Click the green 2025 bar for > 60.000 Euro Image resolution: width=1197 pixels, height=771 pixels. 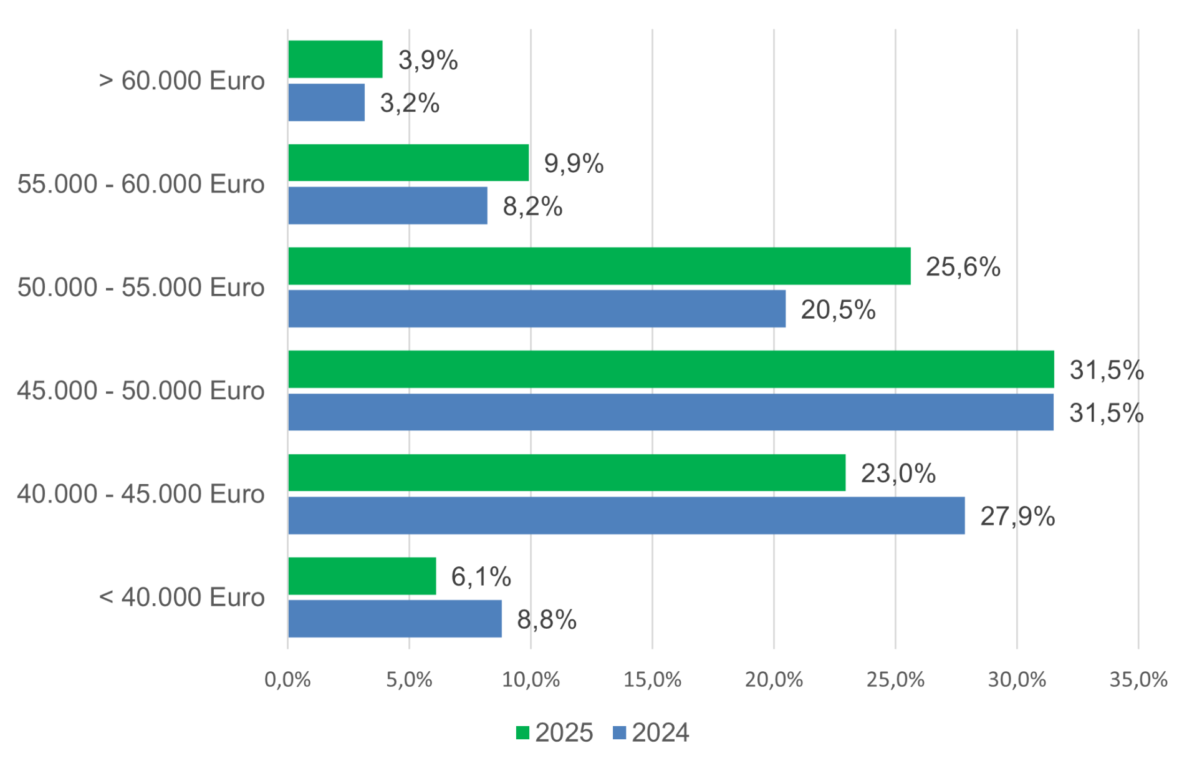335,59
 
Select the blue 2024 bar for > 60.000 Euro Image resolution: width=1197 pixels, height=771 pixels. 327,102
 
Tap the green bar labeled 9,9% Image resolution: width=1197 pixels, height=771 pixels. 408,163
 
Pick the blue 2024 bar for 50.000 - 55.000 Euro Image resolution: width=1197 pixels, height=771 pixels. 537,309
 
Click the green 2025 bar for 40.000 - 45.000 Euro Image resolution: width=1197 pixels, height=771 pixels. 567,473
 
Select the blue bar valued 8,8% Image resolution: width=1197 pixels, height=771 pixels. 395,619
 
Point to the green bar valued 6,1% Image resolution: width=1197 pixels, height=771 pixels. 362,576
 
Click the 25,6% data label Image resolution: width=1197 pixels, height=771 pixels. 963,267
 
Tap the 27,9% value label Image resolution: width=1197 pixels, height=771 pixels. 1017,516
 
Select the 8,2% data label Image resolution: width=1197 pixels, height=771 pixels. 532,206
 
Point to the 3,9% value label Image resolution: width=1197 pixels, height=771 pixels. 428,61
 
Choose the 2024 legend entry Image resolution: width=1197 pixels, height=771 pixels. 651,733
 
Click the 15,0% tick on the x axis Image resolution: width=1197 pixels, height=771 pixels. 652,680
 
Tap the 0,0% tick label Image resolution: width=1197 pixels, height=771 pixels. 287,680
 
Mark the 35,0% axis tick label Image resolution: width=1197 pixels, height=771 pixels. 1138,680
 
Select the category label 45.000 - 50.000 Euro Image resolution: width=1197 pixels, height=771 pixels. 141,391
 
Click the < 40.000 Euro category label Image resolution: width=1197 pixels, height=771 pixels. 182,598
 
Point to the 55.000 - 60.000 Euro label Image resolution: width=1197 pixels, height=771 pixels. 141,185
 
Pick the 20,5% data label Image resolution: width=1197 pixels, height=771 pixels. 838,310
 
